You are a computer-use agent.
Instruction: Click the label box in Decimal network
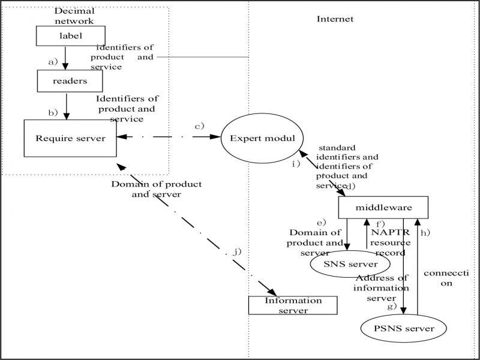tap(71, 35)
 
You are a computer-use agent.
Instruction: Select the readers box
tap(70, 80)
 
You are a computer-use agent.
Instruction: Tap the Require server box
tap(70, 139)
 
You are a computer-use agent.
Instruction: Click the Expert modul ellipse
tap(263, 138)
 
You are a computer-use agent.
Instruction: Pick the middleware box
tap(383, 208)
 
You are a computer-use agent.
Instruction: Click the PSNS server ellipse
tap(405, 328)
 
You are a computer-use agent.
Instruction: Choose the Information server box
tap(293, 305)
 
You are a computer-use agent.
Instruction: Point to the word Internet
tap(335, 19)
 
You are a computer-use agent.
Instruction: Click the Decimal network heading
tap(74, 16)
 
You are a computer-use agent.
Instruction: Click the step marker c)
tap(199, 126)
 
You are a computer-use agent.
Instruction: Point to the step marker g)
tap(392, 306)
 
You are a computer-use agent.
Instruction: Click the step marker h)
tap(425, 232)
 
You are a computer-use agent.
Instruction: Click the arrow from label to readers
tap(66, 58)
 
